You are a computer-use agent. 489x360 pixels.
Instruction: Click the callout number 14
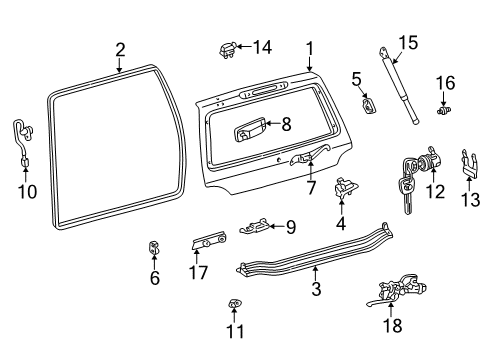pos(263,47)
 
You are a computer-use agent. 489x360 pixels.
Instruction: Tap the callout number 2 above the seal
pos(120,50)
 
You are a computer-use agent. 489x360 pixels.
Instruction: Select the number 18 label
pos(393,325)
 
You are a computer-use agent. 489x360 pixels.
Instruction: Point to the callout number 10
pos(27,192)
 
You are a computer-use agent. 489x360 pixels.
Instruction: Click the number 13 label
pos(471,200)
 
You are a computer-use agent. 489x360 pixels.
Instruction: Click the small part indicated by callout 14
pos(227,50)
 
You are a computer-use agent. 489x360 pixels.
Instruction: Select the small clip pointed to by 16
pos(444,111)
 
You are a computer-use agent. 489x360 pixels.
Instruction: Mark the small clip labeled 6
pos(154,248)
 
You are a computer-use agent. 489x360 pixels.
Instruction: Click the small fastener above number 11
pos(235,303)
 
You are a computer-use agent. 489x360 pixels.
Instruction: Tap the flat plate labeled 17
pos(209,240)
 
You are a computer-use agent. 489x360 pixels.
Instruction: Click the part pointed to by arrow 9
pos(255,226)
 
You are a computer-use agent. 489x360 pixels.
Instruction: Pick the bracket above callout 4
pos(345,189)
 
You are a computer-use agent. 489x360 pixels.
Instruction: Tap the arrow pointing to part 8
pos(273,124)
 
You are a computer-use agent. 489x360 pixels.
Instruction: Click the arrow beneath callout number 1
pos(310,64)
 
